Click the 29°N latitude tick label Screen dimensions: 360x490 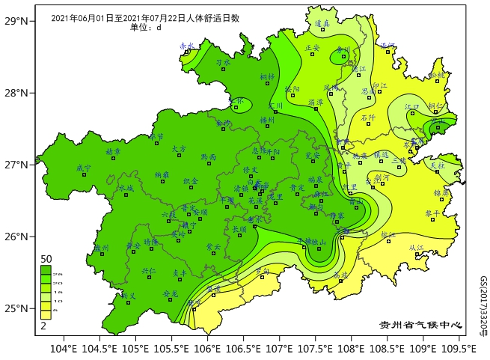click(x=16, y=21)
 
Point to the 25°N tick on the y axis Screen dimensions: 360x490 click(x=16, y=308)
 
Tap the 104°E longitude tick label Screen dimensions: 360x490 click(x=64, y=348)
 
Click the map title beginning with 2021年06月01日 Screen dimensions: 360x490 click(x=145, y=19)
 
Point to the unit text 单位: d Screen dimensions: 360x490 click(x=145, y=28)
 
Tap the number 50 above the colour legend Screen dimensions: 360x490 click(x=46, y=259)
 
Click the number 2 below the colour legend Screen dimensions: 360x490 click(x=43, y=326)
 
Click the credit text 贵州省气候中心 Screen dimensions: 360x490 click(x=421, y=326)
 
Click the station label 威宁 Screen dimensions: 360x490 click(x=84, y=168)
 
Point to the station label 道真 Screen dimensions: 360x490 click(x=322, y=23)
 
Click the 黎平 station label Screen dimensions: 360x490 click(x=432, y=213)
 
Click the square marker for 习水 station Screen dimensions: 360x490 click(x=223, y=69)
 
